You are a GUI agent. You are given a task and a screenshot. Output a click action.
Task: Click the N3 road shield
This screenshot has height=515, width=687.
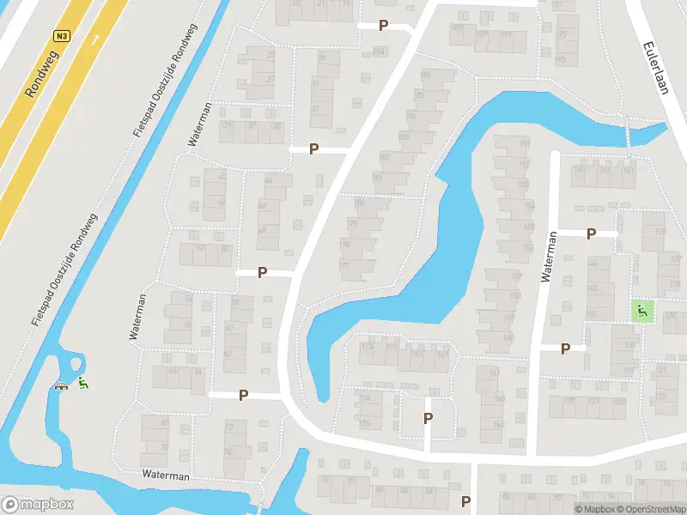tap(61, 36)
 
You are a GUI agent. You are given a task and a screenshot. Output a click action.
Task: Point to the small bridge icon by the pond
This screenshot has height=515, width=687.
tap(62, 385)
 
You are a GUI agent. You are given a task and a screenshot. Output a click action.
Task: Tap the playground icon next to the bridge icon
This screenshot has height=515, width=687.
tap(82, 384)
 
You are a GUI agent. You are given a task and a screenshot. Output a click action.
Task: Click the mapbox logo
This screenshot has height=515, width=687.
tap(38, 505)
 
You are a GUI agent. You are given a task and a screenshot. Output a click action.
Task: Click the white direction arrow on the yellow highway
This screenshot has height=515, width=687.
tap(94, 37)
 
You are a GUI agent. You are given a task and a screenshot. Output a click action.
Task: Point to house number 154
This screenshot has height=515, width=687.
tap(528, 206)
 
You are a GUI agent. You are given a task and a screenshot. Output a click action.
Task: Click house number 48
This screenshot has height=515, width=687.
tap(262, 230)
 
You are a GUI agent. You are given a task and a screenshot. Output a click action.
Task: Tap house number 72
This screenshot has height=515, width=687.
tap(229, 427)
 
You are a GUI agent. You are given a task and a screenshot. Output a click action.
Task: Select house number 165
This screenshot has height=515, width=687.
tap(499, 424)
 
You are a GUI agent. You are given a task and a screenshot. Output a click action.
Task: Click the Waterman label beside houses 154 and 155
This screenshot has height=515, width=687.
tap(549, 257)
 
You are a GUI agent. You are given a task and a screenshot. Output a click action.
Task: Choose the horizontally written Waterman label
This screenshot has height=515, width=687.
tap(167, 475)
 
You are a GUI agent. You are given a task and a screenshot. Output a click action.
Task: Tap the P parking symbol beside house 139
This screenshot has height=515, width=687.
tap(591, 233)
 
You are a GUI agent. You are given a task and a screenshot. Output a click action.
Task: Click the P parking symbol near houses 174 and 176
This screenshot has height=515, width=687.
tap(428, 418)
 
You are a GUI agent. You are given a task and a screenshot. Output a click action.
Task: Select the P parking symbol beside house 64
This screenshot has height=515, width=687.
tap(244, 395)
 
